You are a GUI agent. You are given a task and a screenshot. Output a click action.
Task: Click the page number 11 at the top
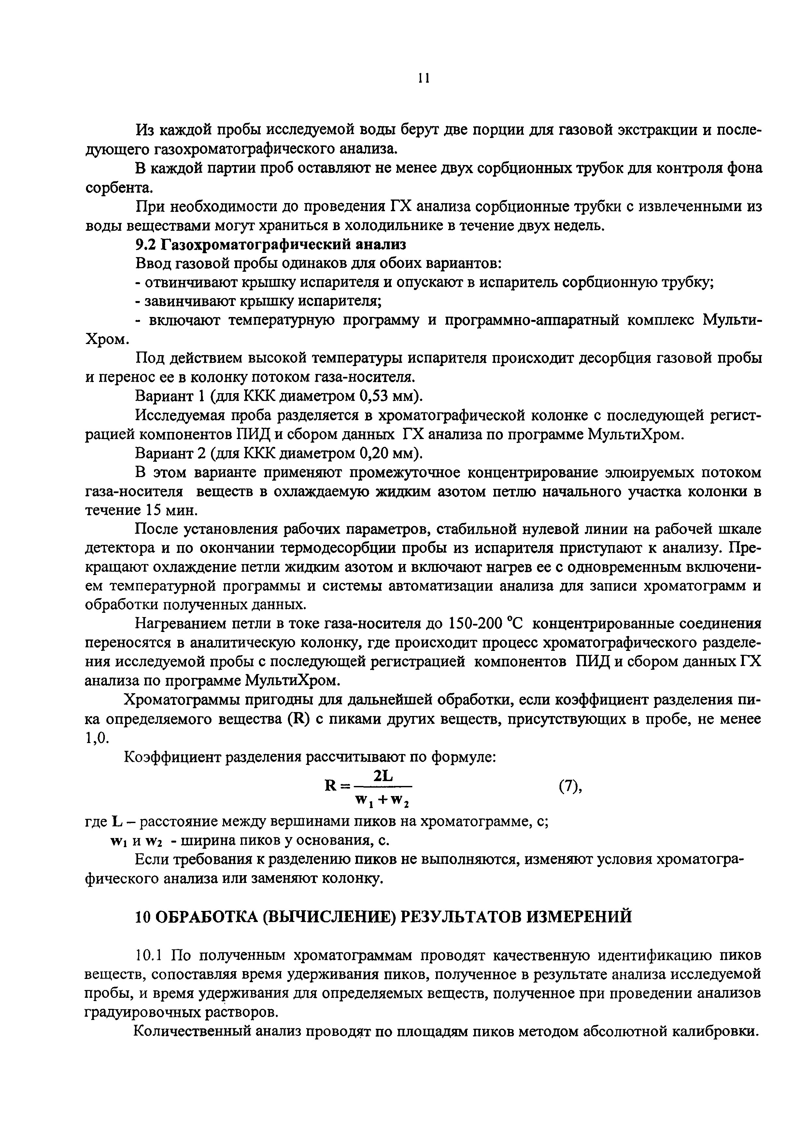tap(424, 78)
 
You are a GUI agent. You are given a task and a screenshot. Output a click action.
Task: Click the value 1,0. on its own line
tap(97, 738)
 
